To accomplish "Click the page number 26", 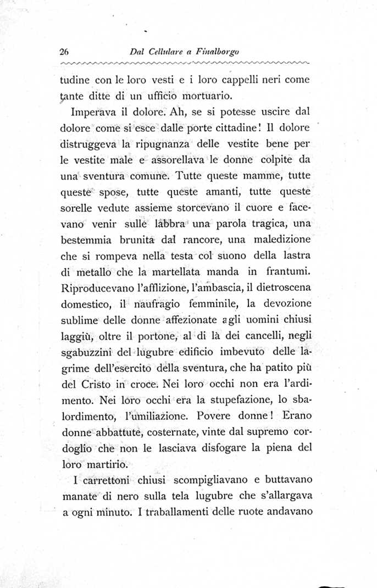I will pyautogui.click(x=64, y=53).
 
